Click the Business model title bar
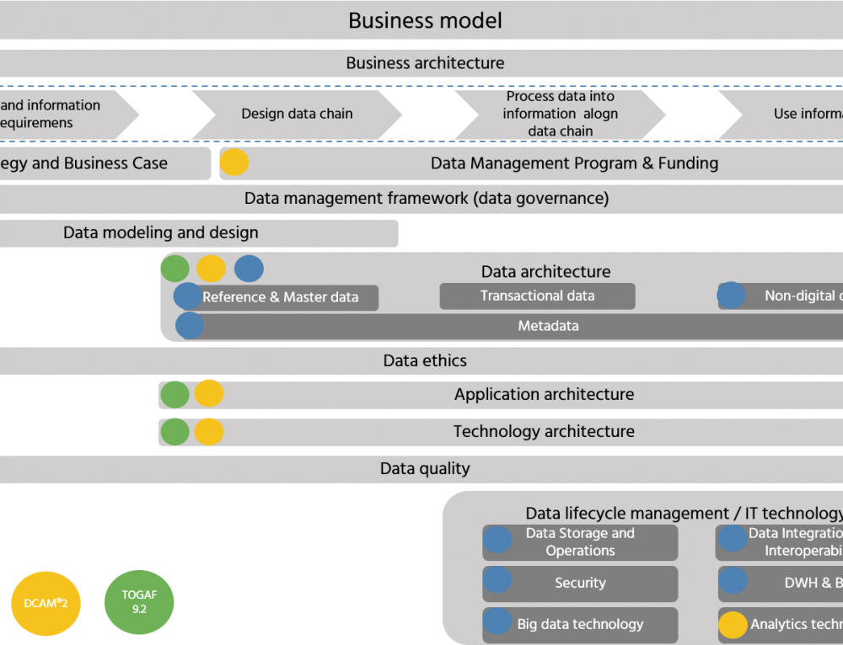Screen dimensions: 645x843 tap(425, 20)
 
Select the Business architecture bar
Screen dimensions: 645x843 tap(425, 63)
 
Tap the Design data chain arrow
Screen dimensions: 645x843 tap(297, 114)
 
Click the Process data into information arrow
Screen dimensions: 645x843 tap(561, 114)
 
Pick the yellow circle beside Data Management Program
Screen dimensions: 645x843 tap(234, 163)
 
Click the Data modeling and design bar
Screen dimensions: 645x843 tap(161, 233)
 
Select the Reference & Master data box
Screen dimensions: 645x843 tap(281, 297)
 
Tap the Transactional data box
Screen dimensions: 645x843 tap(537, 296)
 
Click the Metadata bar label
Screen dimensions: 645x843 tap(548, 326)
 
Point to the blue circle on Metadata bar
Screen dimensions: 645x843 tap(190, 326)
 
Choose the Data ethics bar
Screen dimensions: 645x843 tap(425, 360)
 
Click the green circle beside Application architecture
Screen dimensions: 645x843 tap(175, 394)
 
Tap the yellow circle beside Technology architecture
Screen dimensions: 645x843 tap(209, 432)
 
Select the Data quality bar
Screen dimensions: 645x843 tap(425, 469)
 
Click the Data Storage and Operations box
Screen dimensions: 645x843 tap(580, 542)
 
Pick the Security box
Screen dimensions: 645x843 tap(580, 583)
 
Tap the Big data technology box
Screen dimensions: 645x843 tap(580, 624)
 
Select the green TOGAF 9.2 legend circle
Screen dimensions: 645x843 tap(138, 601)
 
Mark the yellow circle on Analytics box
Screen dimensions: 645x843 tap(733, 624)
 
